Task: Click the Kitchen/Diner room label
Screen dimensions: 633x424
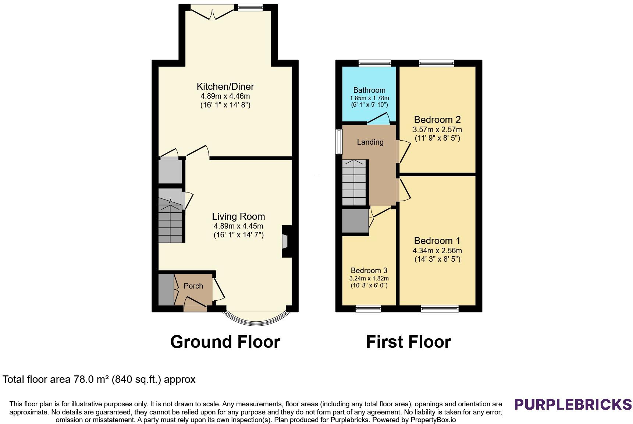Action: pos(225,86)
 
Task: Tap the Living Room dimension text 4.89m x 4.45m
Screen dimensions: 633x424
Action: pos(238,226)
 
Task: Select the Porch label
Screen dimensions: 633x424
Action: pos(193,286)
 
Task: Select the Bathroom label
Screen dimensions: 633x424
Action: pos(369,90)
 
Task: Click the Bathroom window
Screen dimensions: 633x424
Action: pos(375,63)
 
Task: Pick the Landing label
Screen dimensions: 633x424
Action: pos(370,142)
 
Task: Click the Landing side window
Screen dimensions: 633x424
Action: pos(339,142)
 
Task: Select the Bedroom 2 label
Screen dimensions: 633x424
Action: pos(437,120)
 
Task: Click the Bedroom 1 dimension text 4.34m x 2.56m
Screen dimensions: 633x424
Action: pos(437,251)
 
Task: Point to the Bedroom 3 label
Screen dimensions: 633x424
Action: pos(369,271)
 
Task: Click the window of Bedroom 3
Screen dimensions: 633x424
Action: pos(368,308)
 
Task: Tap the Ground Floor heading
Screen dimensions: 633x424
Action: pos(225,342)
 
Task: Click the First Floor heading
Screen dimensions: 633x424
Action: pos(408,342)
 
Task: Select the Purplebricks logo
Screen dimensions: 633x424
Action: pos(573,404)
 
